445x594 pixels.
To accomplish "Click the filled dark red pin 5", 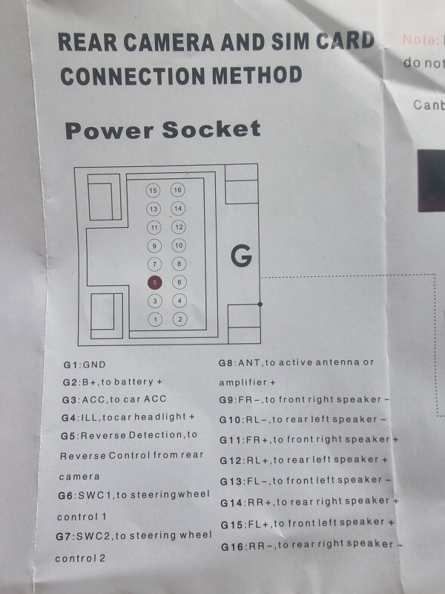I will coord(154,282).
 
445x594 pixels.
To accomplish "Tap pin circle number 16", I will coord(178,190).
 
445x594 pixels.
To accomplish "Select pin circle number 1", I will coord(154,319).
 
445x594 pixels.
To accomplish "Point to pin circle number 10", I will coord(178,246).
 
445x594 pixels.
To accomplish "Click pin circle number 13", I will coord(154,209).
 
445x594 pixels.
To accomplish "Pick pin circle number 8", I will coord(178,264).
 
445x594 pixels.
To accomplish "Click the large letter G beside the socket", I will coord(241,256).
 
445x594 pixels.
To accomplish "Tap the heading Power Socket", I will coord(162,130).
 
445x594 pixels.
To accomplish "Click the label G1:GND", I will coord(85,365).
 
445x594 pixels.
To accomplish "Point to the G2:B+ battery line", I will coord(112,382).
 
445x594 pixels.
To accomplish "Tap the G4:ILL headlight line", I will coord(128,417).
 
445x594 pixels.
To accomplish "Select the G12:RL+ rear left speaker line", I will coord(303,460).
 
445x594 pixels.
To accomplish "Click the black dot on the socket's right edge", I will coord(260,304).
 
